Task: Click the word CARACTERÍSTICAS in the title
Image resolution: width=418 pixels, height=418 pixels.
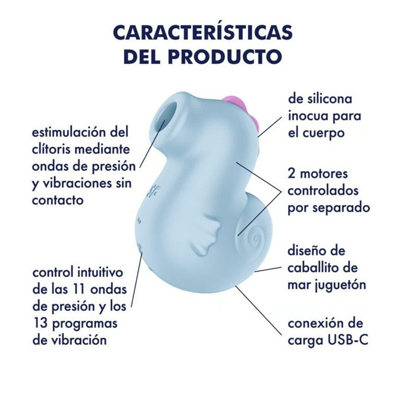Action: click(203, 32)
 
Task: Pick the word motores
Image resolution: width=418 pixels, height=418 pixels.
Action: click(324, 174)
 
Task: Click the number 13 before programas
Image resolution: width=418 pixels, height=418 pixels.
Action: click(40, 323)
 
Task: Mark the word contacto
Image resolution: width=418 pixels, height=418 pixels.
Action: click(58, 200)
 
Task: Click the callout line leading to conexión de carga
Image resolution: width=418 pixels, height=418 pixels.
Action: click(258, 310)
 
